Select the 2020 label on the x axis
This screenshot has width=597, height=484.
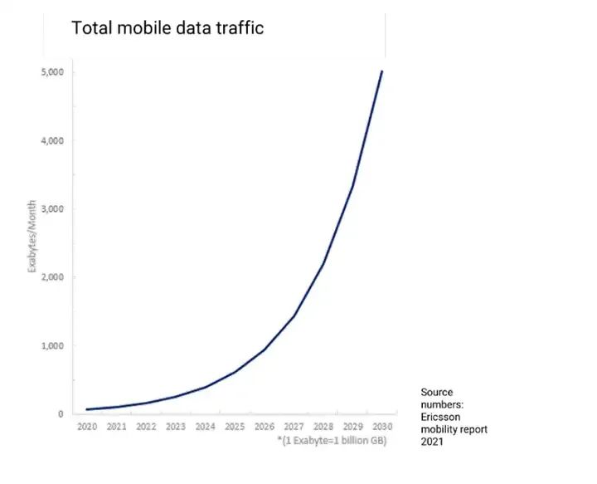pyautogui.click(x=87, y=427)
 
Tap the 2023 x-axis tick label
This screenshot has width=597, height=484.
pyautogui.click(x=176, y=427)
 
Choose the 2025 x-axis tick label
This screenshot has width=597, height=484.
pyautogui.click(x=235, y=427)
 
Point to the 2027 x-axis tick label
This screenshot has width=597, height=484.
pyautogui.click(x=294, y=427)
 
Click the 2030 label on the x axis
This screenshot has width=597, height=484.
pyautogui.click(x=382, y=427)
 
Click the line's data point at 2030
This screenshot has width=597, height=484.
pyautogui.click(x=382, y=71)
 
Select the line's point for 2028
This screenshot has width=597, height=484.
pyautogui.click(x=323, y=263)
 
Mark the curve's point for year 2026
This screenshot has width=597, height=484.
pyautogui.click(x=265, y=349)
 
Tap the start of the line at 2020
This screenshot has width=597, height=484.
pyautogui.click(x=87, y=409)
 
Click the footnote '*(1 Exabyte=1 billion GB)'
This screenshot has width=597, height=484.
pyautogui.click(x=332, y=440)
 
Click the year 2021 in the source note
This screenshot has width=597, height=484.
pyautogui.click(x=433, y=442)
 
